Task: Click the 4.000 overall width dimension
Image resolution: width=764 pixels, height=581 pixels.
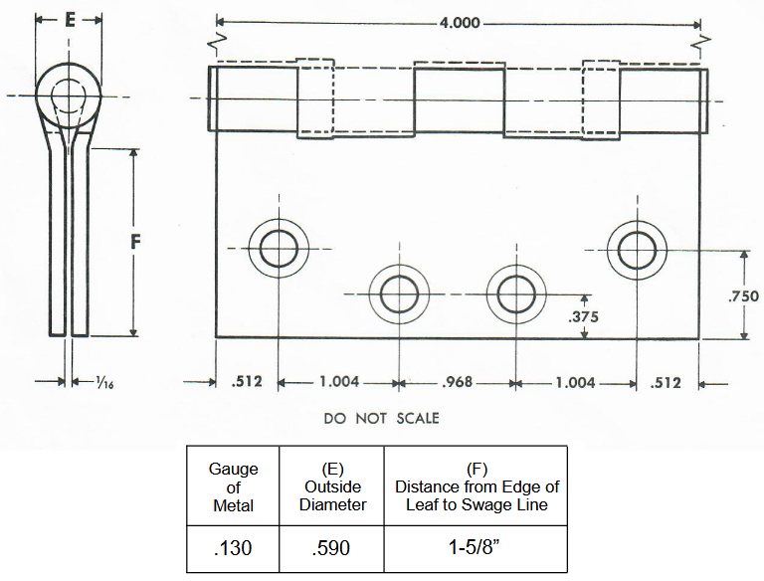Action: coord(459,23)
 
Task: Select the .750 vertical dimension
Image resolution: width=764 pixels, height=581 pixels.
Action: coord(743,295)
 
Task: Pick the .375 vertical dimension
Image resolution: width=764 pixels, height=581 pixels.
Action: coord(583,317)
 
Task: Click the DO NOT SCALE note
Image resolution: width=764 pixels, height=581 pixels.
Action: coord(381,418)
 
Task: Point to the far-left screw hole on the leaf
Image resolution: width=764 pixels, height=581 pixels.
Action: coord(279,249)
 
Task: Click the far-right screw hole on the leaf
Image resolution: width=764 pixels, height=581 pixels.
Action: coord(637,249)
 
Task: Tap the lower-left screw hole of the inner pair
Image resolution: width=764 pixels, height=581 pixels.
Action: coord(399,294)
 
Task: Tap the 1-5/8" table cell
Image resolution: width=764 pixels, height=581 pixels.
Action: coord(476,548)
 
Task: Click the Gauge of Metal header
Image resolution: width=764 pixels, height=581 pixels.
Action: coord(234,486)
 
